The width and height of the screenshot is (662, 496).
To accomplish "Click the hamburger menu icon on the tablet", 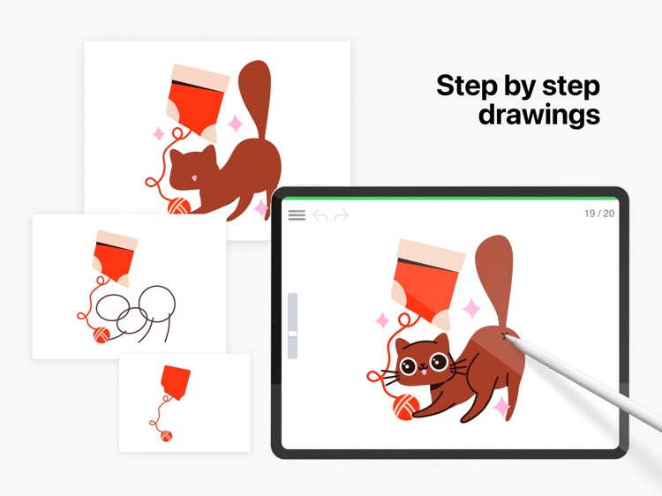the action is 297,215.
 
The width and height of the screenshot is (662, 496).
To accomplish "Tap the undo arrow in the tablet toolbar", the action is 320,215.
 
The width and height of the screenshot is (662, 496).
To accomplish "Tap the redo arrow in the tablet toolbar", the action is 342,215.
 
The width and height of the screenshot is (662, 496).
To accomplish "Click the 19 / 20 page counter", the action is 599,214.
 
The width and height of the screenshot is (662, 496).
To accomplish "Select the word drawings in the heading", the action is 539,115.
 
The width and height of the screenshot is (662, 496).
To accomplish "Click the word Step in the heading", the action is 467,86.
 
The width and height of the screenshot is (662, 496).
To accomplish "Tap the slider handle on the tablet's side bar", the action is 292,334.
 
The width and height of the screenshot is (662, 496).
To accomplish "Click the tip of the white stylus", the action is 505,335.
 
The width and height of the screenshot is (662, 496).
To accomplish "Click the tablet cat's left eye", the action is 409,365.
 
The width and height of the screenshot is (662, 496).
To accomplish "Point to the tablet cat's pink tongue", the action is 423,372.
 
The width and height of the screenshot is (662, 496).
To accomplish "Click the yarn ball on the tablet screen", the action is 406,407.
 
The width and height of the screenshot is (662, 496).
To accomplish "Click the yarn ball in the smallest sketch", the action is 166,436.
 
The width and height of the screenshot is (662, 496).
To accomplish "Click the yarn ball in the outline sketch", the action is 102,334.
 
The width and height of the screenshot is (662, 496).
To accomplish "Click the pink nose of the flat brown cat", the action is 194,177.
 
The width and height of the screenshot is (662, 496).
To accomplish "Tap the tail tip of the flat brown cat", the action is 255,68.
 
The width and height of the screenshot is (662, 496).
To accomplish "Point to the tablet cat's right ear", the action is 441,341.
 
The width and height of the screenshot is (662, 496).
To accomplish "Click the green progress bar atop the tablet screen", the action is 449,198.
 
